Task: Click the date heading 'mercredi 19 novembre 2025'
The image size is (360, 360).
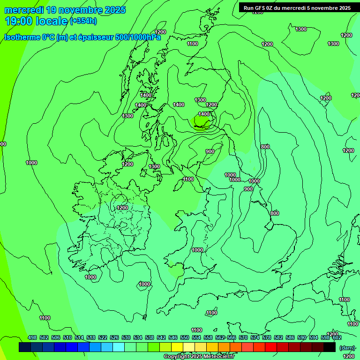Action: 65,10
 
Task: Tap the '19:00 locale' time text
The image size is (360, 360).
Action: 37,21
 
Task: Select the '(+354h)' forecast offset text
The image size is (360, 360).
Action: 83,21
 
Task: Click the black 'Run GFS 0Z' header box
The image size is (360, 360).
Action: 297,7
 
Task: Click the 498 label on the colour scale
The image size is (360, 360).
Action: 32,337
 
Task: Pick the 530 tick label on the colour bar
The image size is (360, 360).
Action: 126,337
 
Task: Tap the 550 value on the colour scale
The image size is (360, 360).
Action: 185,337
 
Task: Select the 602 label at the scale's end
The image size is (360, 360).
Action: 337,337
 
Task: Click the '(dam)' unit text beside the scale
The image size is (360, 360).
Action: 346,347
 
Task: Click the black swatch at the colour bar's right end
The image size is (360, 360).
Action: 330,347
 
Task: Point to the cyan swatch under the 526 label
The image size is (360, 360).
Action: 119,347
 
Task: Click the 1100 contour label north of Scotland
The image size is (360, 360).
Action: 192,44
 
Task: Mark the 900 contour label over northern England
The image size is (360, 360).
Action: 210,151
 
